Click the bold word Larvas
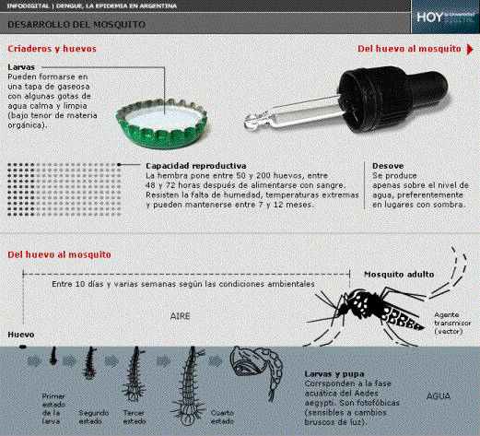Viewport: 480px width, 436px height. [22, 67]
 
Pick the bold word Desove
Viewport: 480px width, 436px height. [389, 165]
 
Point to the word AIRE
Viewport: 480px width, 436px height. [181, 314]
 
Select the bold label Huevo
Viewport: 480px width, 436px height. [21, 333]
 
